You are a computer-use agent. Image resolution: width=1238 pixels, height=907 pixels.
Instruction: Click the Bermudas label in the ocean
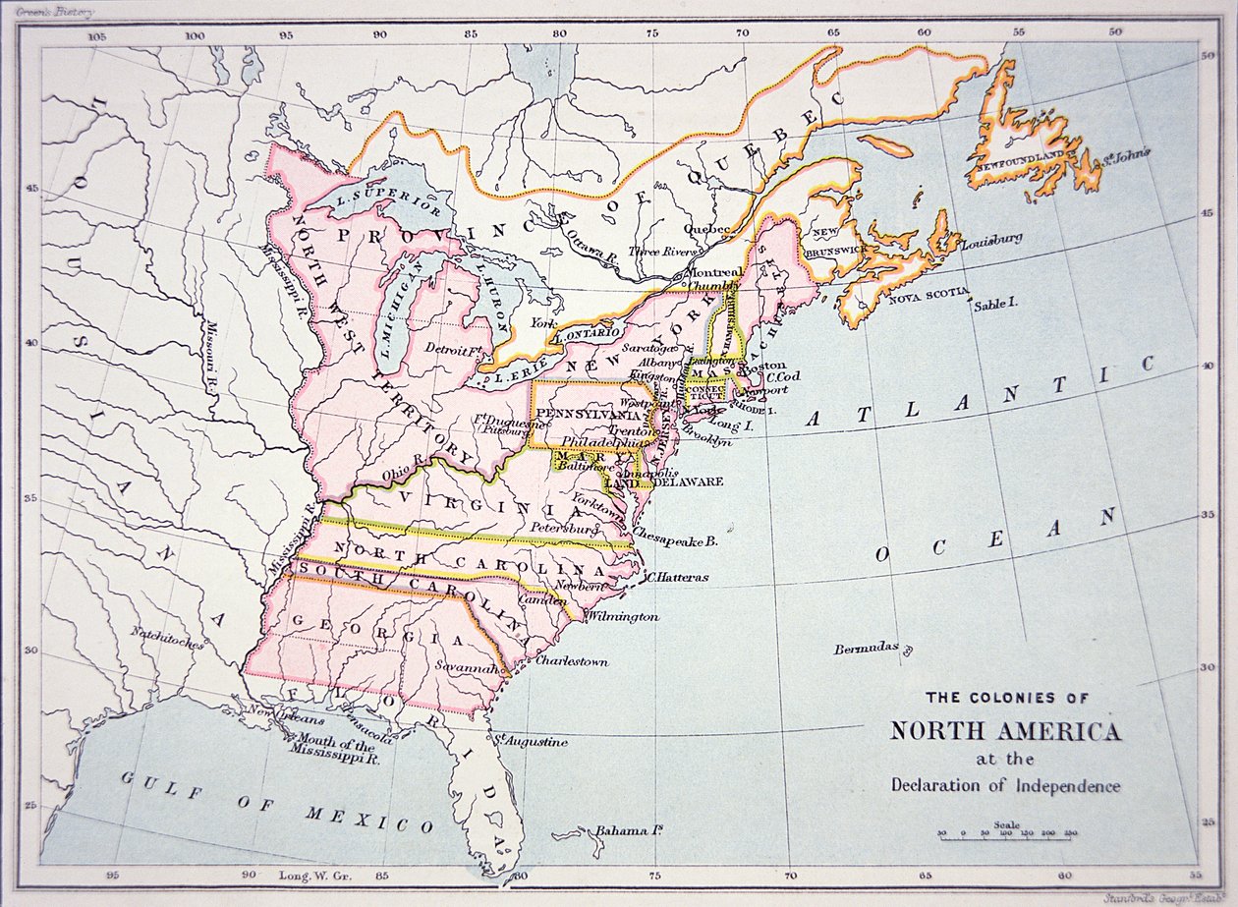coord(867,649)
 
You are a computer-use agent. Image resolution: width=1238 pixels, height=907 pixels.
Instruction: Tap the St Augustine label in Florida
coord(532,742)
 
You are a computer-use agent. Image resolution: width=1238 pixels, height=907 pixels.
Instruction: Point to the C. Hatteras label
coord(678,578)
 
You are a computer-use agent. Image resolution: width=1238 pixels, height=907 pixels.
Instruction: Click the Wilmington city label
coord(623,617)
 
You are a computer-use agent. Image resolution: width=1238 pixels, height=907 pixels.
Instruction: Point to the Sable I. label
coord(994,305)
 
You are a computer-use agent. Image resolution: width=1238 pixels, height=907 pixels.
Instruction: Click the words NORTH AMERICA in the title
coord(1005,731)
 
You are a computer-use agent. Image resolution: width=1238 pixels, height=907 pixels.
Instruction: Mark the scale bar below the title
coord(1006,836)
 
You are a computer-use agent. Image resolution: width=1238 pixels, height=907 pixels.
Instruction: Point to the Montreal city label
coord(715,272)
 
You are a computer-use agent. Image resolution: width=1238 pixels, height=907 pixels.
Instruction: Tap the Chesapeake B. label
coord(676,539)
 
